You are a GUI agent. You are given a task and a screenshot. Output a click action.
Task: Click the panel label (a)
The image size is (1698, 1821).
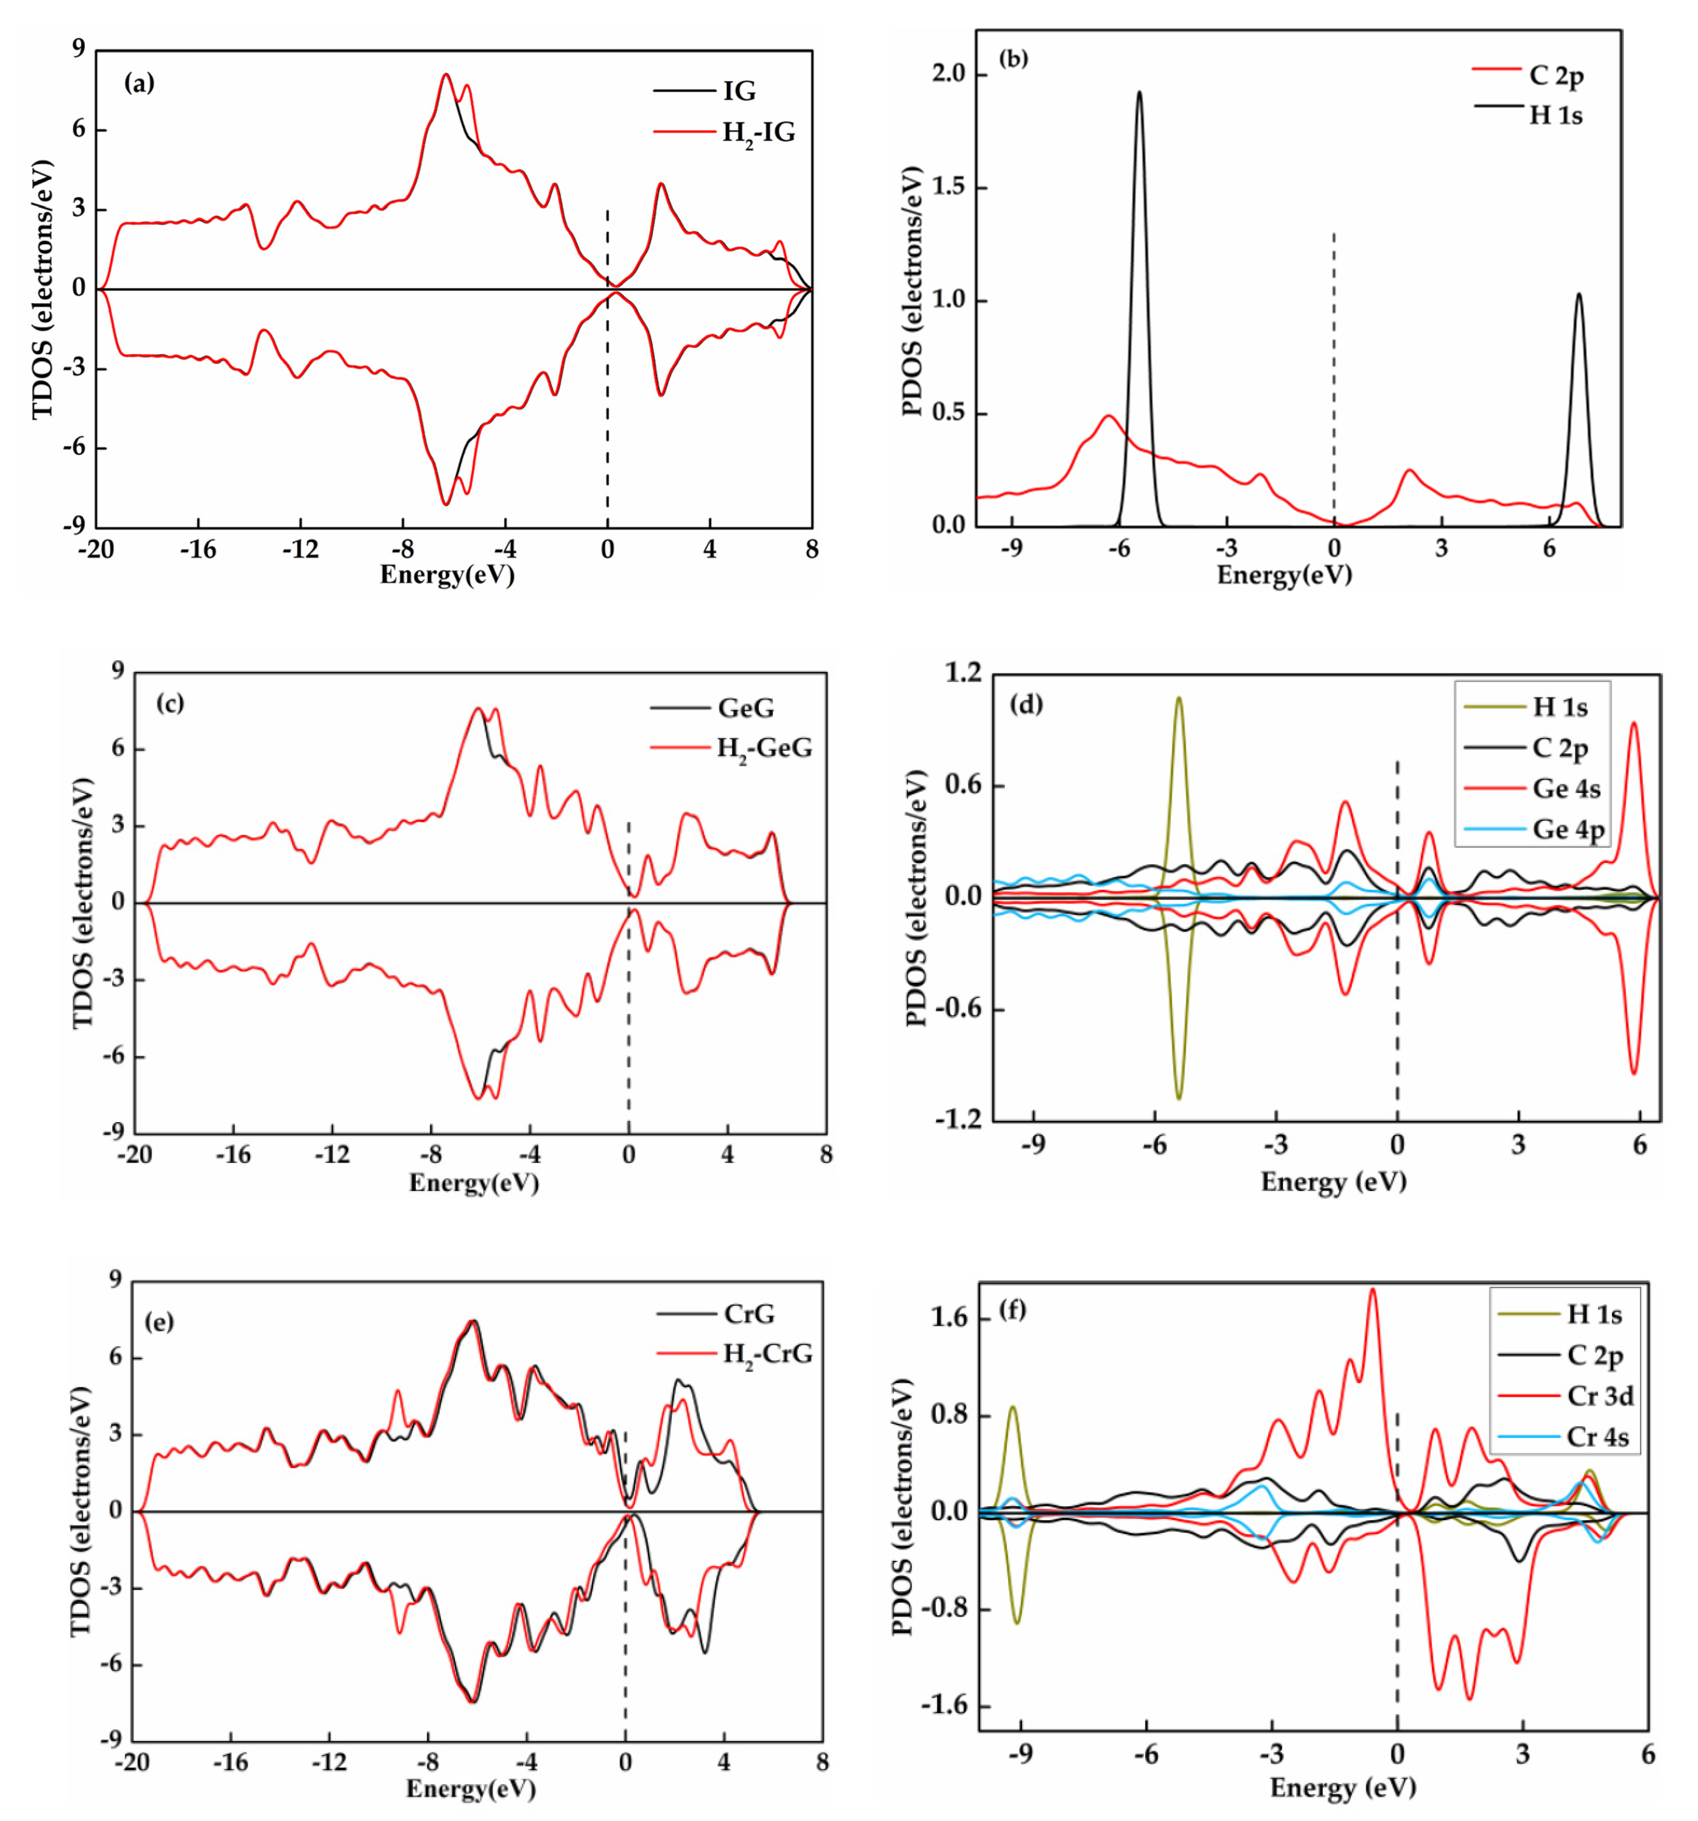[139, 83]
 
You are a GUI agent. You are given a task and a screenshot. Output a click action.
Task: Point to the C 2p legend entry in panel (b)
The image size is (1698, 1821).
[1556, 75]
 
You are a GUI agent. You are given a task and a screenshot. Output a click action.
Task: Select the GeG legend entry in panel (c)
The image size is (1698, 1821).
[745, 708]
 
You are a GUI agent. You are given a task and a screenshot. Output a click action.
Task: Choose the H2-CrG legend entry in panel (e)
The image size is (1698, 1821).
[767, 1354]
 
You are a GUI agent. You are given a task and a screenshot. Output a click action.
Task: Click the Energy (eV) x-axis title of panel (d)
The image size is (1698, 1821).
[1333, 1182]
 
